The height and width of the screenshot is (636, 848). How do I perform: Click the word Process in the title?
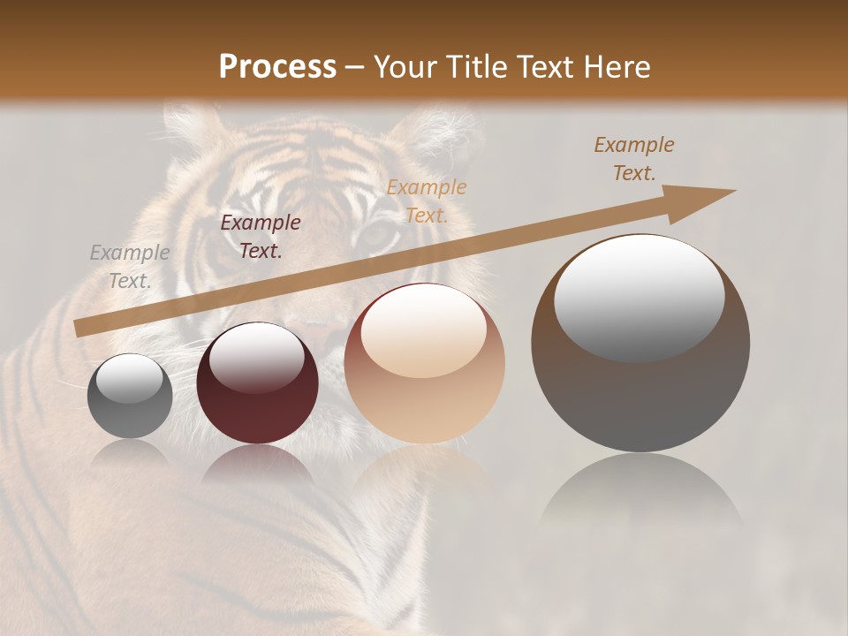click(277, 67)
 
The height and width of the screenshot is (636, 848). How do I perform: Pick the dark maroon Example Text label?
click(261, 236)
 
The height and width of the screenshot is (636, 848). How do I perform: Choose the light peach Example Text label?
click(427, 201)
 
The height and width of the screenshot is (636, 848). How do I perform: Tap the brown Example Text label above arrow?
click(634, 159)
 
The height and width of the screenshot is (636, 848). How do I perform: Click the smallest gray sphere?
click(130, 396)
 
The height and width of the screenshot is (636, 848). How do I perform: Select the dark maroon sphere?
click(257, 382)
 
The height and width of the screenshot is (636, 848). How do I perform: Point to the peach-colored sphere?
click(425, 363)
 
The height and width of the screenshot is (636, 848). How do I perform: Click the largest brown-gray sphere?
click(640, 343)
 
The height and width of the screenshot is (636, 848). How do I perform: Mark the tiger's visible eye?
click(378, 234)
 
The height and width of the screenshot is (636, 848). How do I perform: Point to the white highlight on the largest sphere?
click(639, 295)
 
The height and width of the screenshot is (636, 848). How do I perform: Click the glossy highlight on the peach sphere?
click(423, 329)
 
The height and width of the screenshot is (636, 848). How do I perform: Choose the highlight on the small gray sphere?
click(130, 378)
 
